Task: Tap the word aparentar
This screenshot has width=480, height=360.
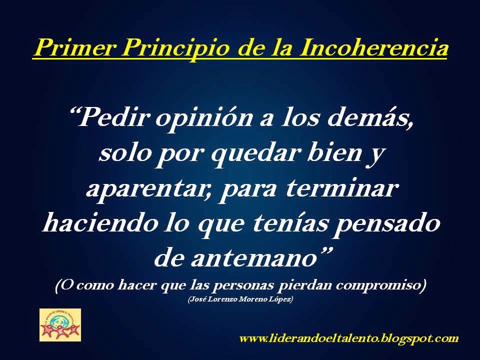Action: (x=147, y=189)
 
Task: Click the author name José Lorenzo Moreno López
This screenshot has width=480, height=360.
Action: (x=240, y=299)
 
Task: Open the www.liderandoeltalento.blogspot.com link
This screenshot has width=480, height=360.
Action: (x=349, y=338)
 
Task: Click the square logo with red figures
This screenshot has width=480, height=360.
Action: (x=60, y=325)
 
